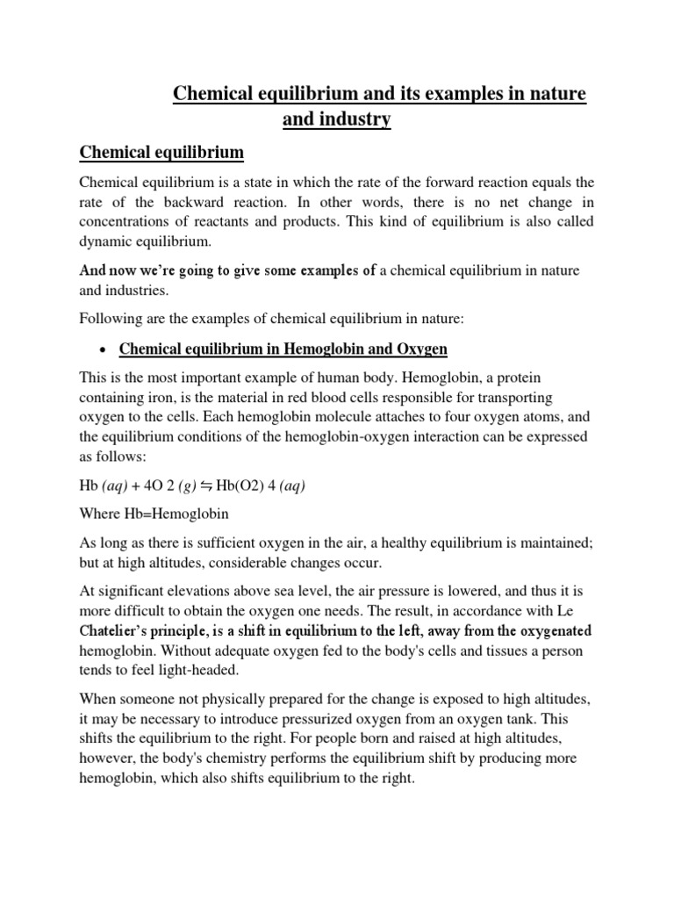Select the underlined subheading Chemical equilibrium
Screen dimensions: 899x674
pyautogui.click(x=161, y=153)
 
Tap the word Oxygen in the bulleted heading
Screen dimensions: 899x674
pyautogui.click(x=420, y=349)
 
